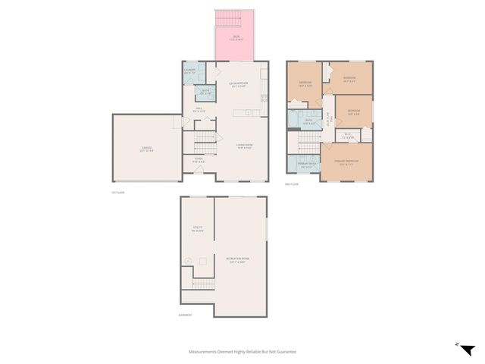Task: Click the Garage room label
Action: [146, 148]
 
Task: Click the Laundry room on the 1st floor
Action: [189, 73]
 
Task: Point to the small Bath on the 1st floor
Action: [205, 93]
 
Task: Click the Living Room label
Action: [243, 146]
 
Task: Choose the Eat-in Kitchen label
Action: [239, 84]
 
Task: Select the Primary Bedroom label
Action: [346, 163]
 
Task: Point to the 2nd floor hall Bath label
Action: [308, 121]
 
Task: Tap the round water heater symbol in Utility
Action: [187, 261]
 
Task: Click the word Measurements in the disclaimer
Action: [205, 352]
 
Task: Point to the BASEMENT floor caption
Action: [185, 315]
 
